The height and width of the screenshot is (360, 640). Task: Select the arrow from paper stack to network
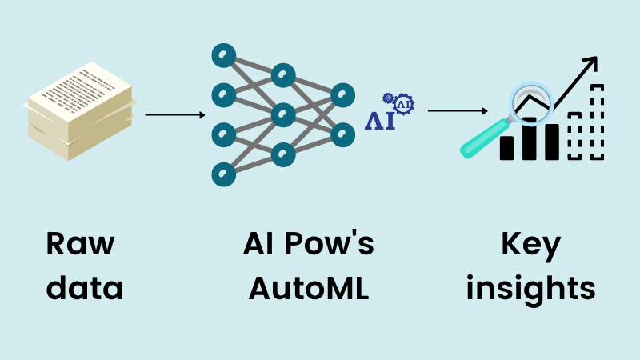pos(175,115)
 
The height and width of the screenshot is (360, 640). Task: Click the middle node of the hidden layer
pos(282,114)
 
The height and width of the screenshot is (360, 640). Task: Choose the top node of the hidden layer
pos(282,76)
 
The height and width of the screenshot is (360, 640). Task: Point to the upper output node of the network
pos(342,95)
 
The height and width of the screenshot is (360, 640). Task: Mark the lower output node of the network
pos(342,134)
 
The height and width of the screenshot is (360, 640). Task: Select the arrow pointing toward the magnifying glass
pos(458,110)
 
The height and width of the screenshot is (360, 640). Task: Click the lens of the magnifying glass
pos(530,98)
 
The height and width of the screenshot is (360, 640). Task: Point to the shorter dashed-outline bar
pos(574,136)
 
